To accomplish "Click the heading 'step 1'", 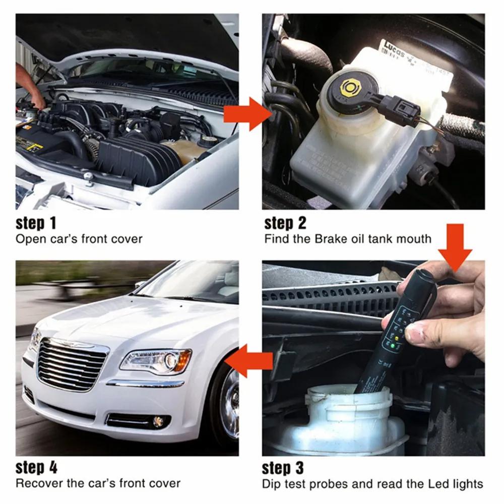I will pos(37,223).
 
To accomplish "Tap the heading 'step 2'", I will pos(285,223).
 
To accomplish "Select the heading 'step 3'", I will pos(283,468).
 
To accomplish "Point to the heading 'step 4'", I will pos(37,467).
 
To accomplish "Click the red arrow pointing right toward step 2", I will pos(246,113).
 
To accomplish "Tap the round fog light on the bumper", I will pos(159,421).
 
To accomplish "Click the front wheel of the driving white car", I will pos(229,403).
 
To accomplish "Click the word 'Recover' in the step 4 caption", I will pos(36,483).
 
